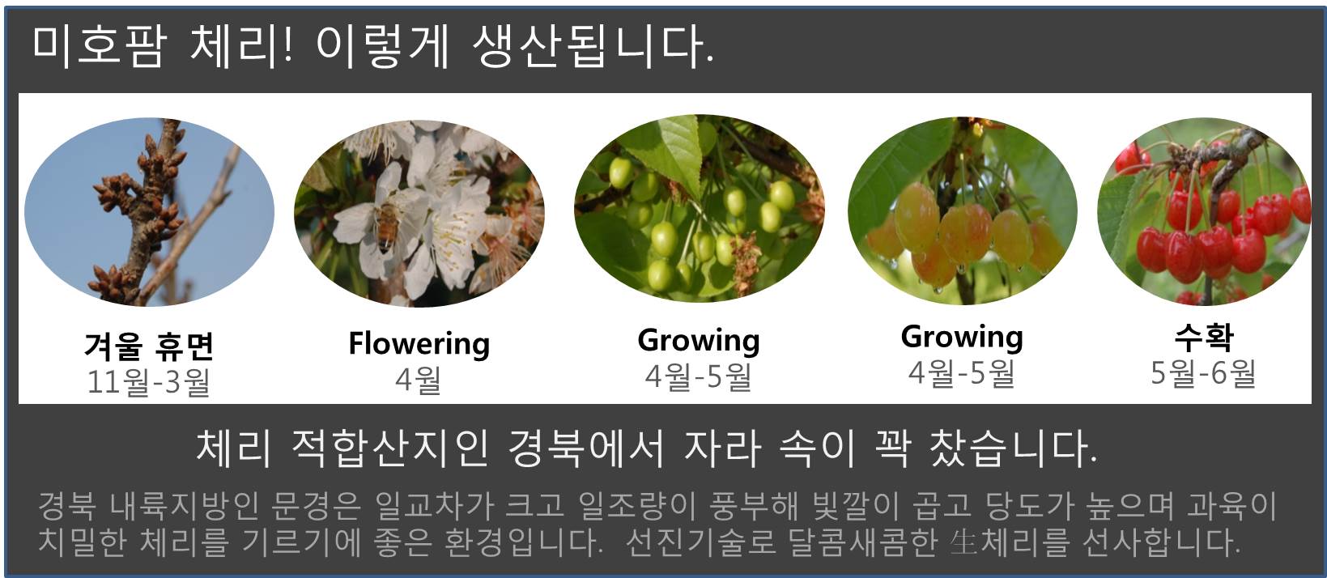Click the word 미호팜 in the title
(x=97, y=46)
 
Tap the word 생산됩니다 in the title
(x=593, y=46)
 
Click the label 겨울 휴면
(x=149, y=346)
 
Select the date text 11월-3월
(x=149, y=380)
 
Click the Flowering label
(x=419, y=343)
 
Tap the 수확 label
(x=1205, y=338)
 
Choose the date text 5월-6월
(x=1203, y=373)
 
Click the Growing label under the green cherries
(x=699, y=341)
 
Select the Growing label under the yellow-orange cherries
(x=962, y=338)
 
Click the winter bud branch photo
(x=149, y=212)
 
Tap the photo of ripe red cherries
(x=1205, y=212)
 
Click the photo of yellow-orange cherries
(x=963, y=210)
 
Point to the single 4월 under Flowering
(x=419, y=379)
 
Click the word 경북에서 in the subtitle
(x=586, y=448)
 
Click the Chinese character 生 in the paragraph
(x=963, y=542)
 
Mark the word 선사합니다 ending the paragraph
(x=1161, y=542)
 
